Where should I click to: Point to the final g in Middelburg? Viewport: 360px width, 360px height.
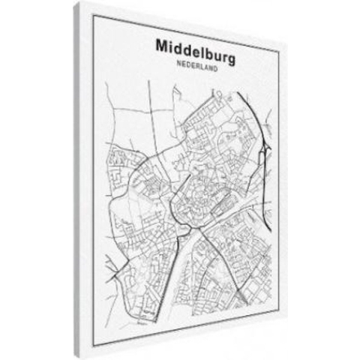tap(228, 47)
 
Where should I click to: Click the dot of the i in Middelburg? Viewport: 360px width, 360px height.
tap(170, 39)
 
